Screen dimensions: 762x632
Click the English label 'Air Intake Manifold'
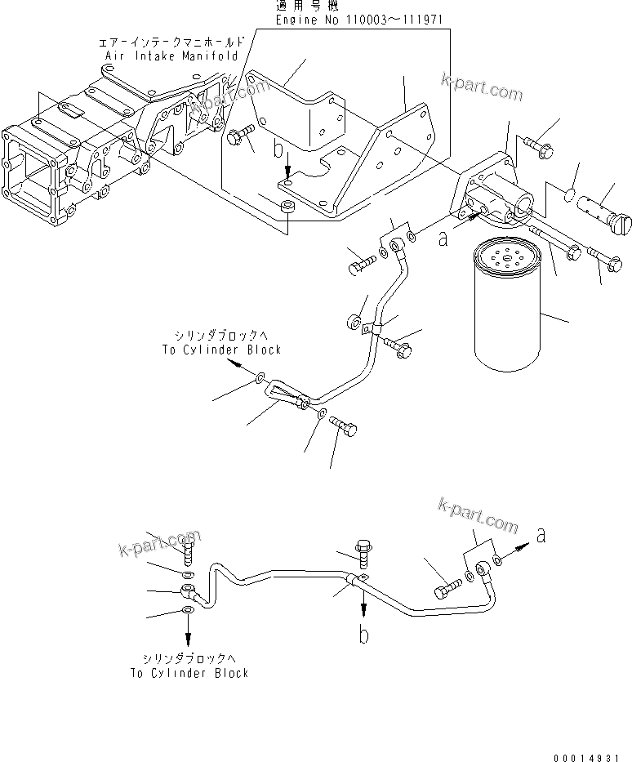171,56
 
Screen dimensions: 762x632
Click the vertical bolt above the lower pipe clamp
363,555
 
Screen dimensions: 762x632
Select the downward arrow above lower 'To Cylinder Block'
189,631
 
